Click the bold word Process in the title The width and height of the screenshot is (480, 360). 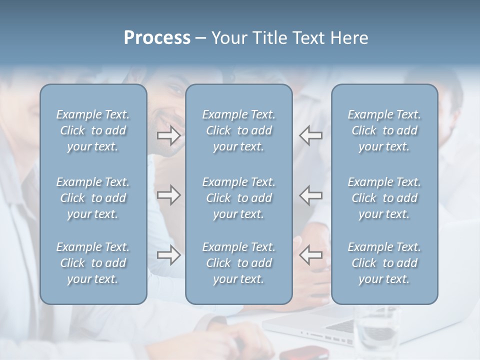click(157, 38)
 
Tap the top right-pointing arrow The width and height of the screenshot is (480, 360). click(169, 135)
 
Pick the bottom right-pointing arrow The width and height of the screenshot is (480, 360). click(169, 255)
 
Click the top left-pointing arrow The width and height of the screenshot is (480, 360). click(310, 135)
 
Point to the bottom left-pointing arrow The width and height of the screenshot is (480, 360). click(310, 255)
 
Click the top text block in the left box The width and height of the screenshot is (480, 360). click(93, 130)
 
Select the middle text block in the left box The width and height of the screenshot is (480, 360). click(93, 198)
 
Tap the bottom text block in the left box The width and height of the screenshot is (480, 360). click(93, 263)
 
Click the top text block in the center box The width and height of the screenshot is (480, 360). click(238, 130)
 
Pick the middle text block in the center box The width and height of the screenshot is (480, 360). click(238, 198)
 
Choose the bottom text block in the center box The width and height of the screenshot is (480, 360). click(238, 263)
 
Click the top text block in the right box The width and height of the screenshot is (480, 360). click(384, 130)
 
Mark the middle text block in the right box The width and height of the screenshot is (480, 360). click(384, 198)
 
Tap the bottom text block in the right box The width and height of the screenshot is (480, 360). click(384, 263)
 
